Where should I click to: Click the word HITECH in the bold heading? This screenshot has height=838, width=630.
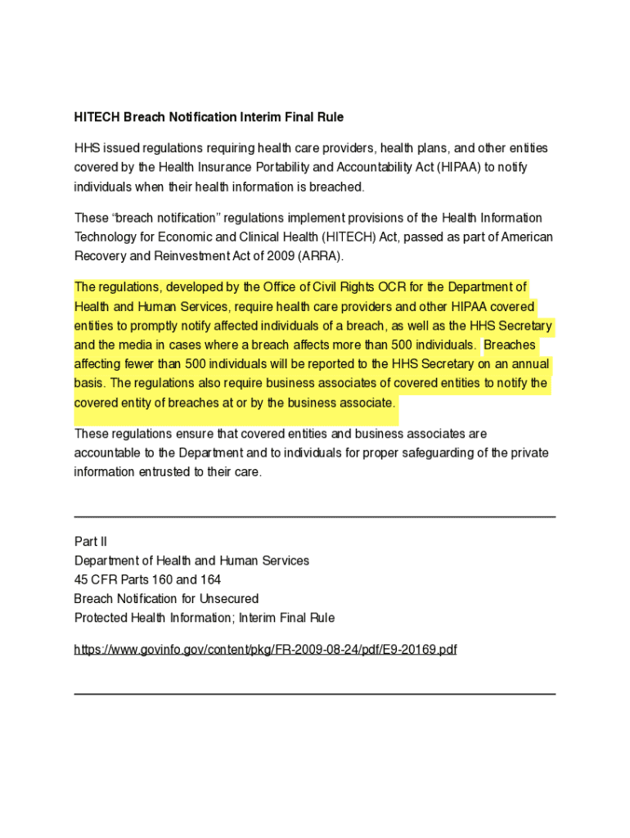(x=97, y=118)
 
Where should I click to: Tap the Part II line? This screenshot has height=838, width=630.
(x=91, y=542)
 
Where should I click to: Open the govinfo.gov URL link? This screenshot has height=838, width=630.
(x=265, y=650)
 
